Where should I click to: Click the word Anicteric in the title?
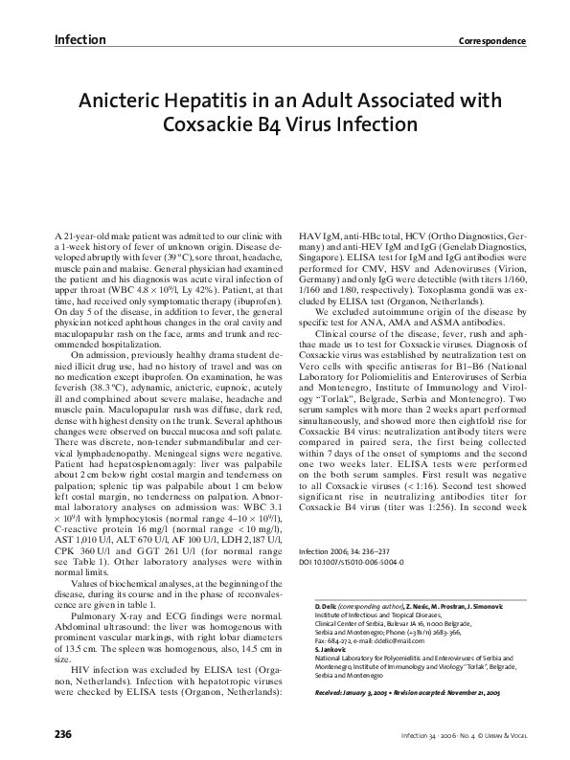pyautogui.click(x=130, y=100)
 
